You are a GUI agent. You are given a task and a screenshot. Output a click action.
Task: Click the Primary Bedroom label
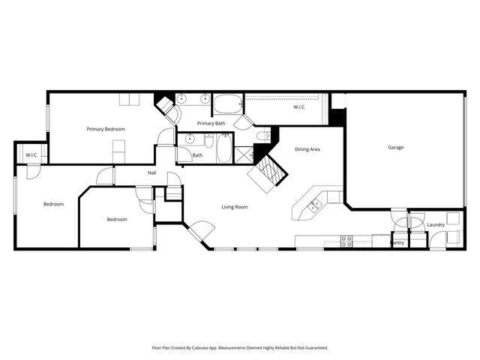tap(106, 129)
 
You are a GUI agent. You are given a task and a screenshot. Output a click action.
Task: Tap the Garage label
tap(396, 147)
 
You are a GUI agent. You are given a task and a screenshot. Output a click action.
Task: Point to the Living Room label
tap(235, 207)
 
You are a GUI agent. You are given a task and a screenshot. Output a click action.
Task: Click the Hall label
tap(152, 173)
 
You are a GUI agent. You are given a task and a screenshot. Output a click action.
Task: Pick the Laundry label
tap(436, 224)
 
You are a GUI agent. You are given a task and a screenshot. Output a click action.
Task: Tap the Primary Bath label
tap(211, 123)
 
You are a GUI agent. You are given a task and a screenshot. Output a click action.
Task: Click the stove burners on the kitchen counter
tap(347, 241)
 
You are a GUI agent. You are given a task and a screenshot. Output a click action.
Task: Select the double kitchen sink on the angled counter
tap(316, 203)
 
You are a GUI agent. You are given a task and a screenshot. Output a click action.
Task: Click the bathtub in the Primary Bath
tap(227, 103)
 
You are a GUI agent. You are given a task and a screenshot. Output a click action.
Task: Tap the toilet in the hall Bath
tap(209, 141)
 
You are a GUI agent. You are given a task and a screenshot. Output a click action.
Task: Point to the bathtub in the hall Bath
tap(223, 149)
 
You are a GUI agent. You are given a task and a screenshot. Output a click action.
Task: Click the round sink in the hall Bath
tap(190, 139)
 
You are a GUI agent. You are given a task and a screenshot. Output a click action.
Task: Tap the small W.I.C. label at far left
tap(31, 155)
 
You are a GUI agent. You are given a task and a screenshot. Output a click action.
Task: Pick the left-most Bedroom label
tap(53, 204)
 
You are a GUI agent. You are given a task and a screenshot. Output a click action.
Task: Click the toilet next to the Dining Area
tap(262, 136)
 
